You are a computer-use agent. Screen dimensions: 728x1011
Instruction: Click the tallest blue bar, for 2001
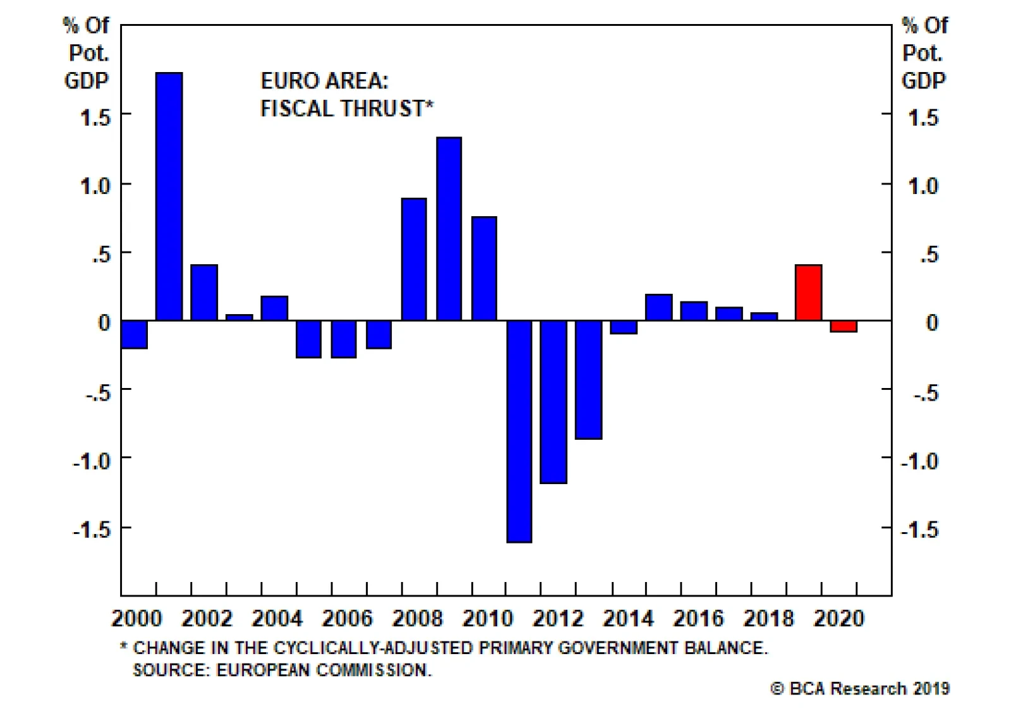[169, 196]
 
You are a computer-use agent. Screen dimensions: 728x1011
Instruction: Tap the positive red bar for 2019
[808, 293]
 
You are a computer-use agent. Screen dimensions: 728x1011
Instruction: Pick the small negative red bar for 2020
[844, 326]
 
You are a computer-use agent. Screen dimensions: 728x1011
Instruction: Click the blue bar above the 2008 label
[414, 259]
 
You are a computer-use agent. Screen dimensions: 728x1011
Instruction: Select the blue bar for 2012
[554, 402]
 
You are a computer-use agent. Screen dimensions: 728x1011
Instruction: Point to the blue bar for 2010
[484, 269]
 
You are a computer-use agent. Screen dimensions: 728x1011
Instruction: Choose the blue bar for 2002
[204, 293]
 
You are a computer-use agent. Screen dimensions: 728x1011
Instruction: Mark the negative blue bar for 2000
[134, 334]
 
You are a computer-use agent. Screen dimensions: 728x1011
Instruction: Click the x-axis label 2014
[627, 619]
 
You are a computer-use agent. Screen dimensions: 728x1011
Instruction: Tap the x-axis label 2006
[347, 619]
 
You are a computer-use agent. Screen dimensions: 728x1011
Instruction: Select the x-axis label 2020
[838, 619]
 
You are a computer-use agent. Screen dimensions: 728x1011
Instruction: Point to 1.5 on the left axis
[95, 118]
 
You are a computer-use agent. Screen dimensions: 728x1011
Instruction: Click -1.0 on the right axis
[919, 461]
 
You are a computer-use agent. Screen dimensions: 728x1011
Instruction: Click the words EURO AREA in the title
[324, 81]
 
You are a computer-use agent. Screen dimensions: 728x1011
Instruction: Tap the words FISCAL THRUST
[342, 109]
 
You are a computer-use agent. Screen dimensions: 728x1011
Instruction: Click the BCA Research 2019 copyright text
[860, 689]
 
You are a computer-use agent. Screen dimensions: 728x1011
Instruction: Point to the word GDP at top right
[923, 81]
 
